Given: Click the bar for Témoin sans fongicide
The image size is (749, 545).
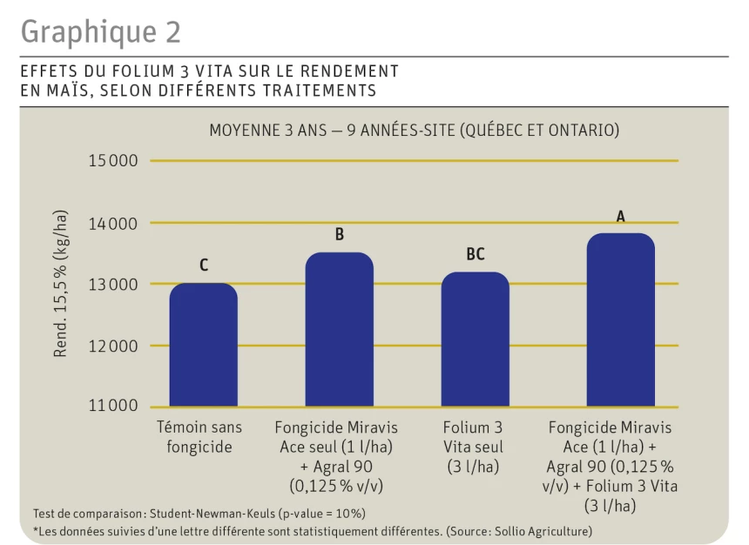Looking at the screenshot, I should pos(203,346).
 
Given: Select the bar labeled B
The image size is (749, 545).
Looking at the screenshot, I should pos(339,330).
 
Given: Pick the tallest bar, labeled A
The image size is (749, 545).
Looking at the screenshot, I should pos(620,320).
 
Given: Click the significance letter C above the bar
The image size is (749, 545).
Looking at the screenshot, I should pos(204,265).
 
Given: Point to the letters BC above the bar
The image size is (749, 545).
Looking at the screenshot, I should pos(475,254).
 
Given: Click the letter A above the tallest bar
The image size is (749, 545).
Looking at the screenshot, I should pos(620,216).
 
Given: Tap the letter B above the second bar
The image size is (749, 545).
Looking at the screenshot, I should pos(340,234).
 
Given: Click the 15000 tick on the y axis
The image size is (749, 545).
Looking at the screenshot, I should pos(112,161).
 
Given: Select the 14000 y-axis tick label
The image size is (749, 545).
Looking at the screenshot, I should pos(112,223).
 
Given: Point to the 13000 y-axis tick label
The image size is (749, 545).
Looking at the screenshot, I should pos(112,284).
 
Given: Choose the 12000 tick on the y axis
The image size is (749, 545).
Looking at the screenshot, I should pos(112,346).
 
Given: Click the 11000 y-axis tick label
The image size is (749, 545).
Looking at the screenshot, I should pos(112,406).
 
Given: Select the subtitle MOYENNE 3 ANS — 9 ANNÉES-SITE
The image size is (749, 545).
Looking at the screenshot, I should pos(414,131).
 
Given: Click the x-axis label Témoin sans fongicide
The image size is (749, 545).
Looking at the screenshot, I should pos(199,437).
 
